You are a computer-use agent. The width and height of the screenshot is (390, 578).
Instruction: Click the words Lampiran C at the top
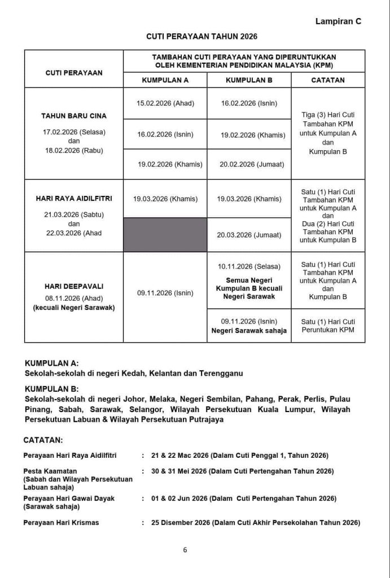pos(338,21)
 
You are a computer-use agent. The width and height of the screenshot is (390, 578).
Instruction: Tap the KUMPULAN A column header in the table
pos(165,80)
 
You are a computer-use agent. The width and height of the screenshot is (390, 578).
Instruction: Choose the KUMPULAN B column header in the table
pos(249,80)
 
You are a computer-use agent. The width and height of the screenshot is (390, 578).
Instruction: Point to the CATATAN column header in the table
pos(328,80)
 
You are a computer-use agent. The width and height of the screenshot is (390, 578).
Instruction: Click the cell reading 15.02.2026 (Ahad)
pos(165,104)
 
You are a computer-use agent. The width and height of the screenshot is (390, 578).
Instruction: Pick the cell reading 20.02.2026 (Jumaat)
pos(249,164)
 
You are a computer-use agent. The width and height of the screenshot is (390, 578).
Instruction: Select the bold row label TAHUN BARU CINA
pos(74,116)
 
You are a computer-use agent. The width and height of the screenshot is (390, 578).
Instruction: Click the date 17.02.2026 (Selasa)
pos(74,132)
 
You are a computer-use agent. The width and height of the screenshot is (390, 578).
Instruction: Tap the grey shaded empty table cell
pos(165,234)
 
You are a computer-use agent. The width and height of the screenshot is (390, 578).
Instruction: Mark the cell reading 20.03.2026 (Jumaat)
pos(249,235)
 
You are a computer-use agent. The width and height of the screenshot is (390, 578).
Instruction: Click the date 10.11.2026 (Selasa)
pos(249,266)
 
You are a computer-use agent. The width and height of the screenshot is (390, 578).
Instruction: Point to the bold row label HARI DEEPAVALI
pos(74,286)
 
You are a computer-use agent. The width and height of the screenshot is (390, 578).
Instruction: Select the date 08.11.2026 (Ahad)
pos(74,297)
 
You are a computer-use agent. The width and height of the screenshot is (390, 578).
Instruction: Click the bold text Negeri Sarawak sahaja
pos(249,330)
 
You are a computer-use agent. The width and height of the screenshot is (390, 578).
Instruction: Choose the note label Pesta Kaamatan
pos(50,471)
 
